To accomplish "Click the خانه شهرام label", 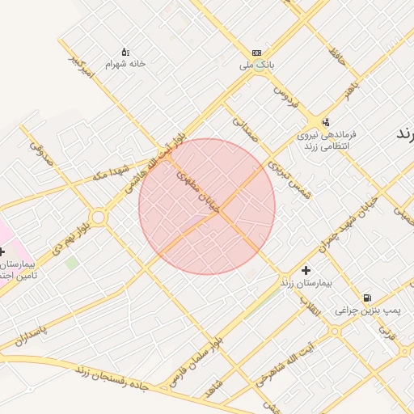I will (x=125, y=63).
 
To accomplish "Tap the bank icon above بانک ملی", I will (x=256, y=52).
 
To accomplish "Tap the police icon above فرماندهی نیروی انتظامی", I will (x=326, y=121).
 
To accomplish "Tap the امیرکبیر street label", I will (x=82, y=69).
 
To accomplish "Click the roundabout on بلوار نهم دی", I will (x=99, y=217).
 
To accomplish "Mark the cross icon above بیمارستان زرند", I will (x=306, y=270).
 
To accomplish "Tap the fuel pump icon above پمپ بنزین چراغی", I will (x=368, y=298).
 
